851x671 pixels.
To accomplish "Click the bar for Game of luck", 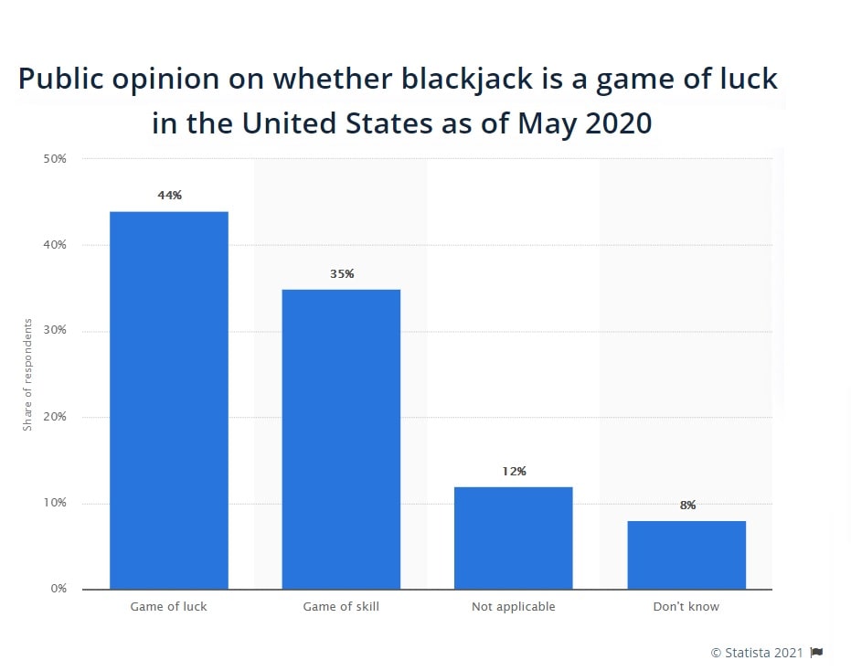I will (169, 400).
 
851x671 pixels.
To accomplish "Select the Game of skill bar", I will (341, 439).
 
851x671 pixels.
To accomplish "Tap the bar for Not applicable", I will (514, 538).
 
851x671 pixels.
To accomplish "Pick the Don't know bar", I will (686, 555).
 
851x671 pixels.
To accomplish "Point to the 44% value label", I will (169, 195).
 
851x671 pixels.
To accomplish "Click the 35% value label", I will (342, 273).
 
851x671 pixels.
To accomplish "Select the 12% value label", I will (514, 471).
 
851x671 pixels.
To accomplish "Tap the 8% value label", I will (687, 505).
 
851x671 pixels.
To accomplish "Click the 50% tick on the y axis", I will (55, 159).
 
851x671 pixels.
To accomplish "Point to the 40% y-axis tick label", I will (55, 245).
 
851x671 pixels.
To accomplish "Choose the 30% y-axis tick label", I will (55, 331).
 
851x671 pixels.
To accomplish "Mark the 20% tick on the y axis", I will (55, 417).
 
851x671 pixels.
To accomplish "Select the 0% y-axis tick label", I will (59, 589).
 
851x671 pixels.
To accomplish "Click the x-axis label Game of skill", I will (341, 607).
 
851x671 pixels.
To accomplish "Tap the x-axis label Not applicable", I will (514, 607).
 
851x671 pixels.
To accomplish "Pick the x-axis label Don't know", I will (686, 607).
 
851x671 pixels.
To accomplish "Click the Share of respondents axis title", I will (27, 375).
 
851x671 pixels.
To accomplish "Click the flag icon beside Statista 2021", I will (816, 652).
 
